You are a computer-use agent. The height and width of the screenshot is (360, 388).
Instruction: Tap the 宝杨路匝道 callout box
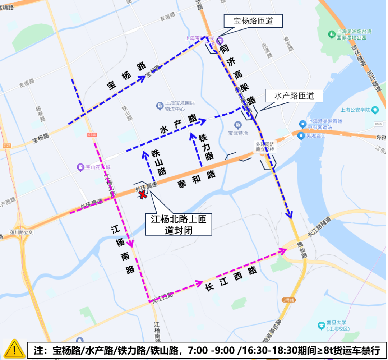pyautogui.click(x=253, y=21)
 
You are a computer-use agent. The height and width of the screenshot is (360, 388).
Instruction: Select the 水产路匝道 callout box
pyautogui.click(x=294, y=96)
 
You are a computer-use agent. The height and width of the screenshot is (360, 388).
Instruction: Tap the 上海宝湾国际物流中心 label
pyautogui.click(x=180, y=105)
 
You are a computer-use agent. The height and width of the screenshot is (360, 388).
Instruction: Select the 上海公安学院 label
pyautogui.click(x=355, y=110)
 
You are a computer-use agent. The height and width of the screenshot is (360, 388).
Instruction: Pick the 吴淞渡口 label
pyautogui.click(x=315, y=136)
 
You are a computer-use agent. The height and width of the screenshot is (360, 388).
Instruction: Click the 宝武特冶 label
pyautogui.click(x=238, y=133)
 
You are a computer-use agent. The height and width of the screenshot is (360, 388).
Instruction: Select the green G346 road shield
pyautogui.click(x=92, y=135)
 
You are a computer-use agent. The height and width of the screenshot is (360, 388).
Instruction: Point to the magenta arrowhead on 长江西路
pyautogui.click(x=199, y=283)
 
